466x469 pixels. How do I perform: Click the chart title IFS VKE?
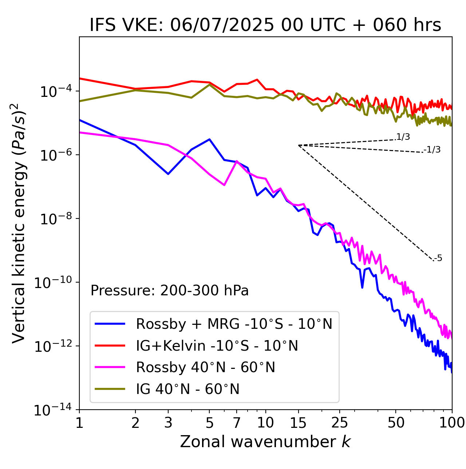click(265, 25)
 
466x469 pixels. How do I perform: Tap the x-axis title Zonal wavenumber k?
click(265, 441)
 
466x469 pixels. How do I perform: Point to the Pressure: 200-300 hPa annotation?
click(169, 291)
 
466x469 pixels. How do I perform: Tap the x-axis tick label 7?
click(237, 423)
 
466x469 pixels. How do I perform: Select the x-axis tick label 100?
click(452, 423)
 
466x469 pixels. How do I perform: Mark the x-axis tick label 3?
click(168, 423)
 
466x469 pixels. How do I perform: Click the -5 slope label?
click(438, 259)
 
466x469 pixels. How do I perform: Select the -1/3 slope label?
click(432, 150)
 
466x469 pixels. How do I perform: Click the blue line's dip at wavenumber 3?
click(168, 174)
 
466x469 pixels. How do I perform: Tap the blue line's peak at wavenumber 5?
click(209, 139)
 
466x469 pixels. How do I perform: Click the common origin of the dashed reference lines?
click(299, 145)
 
